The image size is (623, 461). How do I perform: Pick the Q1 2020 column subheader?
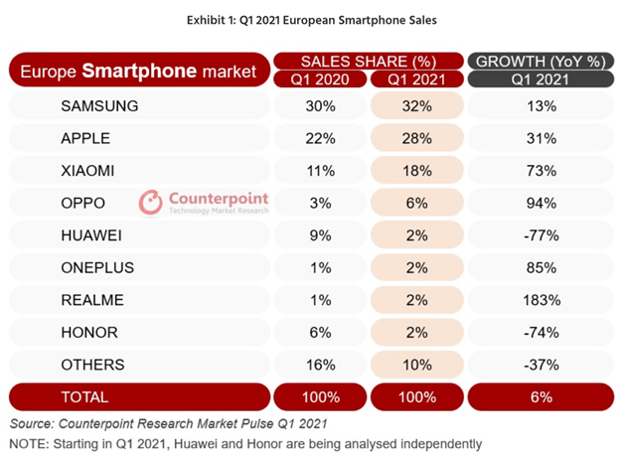[318, 78]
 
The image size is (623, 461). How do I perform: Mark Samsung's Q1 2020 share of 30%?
[318, 106]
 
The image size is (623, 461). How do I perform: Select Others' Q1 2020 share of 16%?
[318, 365]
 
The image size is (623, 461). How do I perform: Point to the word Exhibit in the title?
[206, 18]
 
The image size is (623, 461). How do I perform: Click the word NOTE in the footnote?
[30, 443]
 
